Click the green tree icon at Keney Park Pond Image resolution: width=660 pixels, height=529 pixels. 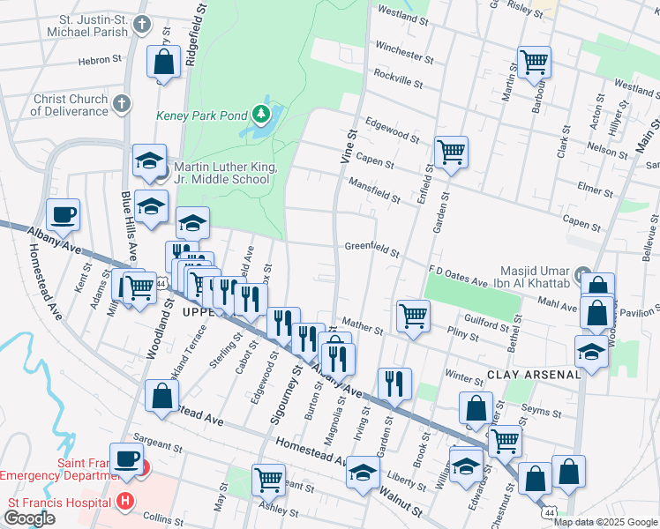(261, 114)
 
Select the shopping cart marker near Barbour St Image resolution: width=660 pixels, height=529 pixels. (534, 62)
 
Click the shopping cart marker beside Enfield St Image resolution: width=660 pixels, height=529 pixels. (451, 151)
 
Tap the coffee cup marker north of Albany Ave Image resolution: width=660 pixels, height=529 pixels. (64, 213)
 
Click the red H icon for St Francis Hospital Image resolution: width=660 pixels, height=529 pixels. (125, 502)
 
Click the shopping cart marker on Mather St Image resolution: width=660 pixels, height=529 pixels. (412, 315)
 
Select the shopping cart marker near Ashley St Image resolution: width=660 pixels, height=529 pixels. (268, 480)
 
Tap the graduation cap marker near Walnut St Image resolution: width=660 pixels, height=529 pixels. (363, 473)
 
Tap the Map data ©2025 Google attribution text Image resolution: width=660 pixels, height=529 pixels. (604, 521)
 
